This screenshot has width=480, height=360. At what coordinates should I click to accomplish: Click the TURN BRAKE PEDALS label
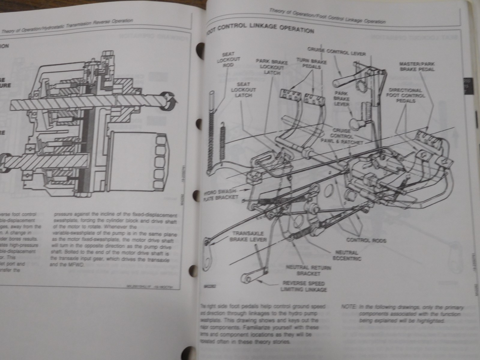click(312, 64)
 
